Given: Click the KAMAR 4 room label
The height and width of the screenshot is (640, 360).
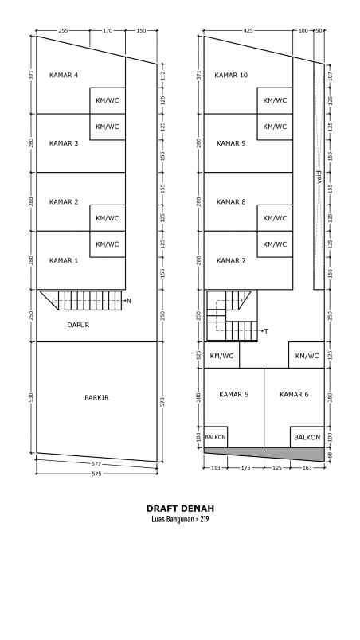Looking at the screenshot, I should [x=64, y=76].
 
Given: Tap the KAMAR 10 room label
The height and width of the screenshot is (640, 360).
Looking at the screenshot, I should [x=232, y=76].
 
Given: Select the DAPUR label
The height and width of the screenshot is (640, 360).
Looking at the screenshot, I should [x=77, y=325].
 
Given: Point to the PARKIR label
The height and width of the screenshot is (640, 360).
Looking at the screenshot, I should [x=96, y=396].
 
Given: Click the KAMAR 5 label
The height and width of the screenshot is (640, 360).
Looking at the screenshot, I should [x=234, y=394].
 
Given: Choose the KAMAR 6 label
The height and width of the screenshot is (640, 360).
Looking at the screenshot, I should [x=294, y=394].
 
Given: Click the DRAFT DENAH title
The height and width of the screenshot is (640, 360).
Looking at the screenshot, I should [x=180, y=508].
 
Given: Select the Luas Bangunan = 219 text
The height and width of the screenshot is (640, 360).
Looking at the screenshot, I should [x=180, y=519].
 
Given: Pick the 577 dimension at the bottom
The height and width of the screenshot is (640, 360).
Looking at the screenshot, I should [x=96, y=463].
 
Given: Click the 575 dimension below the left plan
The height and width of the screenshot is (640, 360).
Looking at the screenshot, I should [x=96, y=474].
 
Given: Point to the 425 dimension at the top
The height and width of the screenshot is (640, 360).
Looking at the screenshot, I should [x=248, y=31].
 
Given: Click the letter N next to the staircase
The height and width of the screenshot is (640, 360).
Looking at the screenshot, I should [x=128, y=301].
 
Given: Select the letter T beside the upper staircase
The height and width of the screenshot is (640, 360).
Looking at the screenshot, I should [x=266, y=330].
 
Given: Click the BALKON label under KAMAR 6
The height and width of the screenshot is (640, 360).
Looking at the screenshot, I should [x=307, y=437].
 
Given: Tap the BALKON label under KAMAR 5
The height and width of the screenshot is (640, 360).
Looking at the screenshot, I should [x=216, y=437].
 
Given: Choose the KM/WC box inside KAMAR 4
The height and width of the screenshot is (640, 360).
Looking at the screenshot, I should [x=108, y=100].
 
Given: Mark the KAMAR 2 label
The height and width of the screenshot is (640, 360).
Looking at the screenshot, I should [x=64, y=202].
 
